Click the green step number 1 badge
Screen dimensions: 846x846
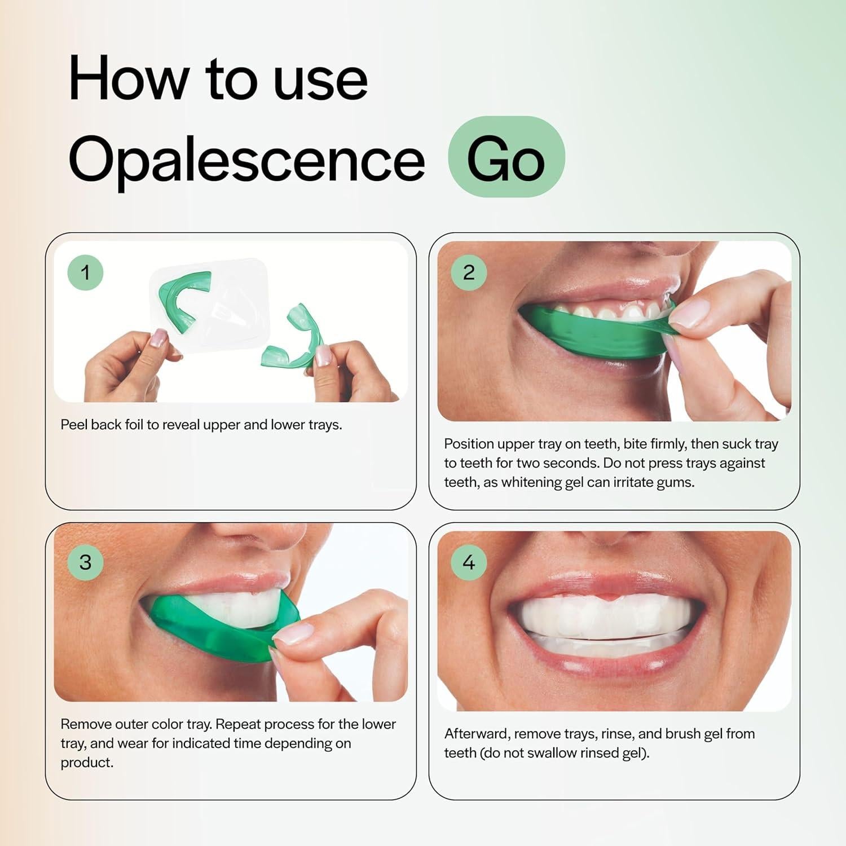point(85,272)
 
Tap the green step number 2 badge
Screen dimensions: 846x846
point(469,272)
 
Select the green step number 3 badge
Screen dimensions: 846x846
point(85,562)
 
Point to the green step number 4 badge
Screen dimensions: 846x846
point(469,562)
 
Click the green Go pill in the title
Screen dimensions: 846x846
point(506,158)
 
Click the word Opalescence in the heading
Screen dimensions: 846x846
point(246,160)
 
